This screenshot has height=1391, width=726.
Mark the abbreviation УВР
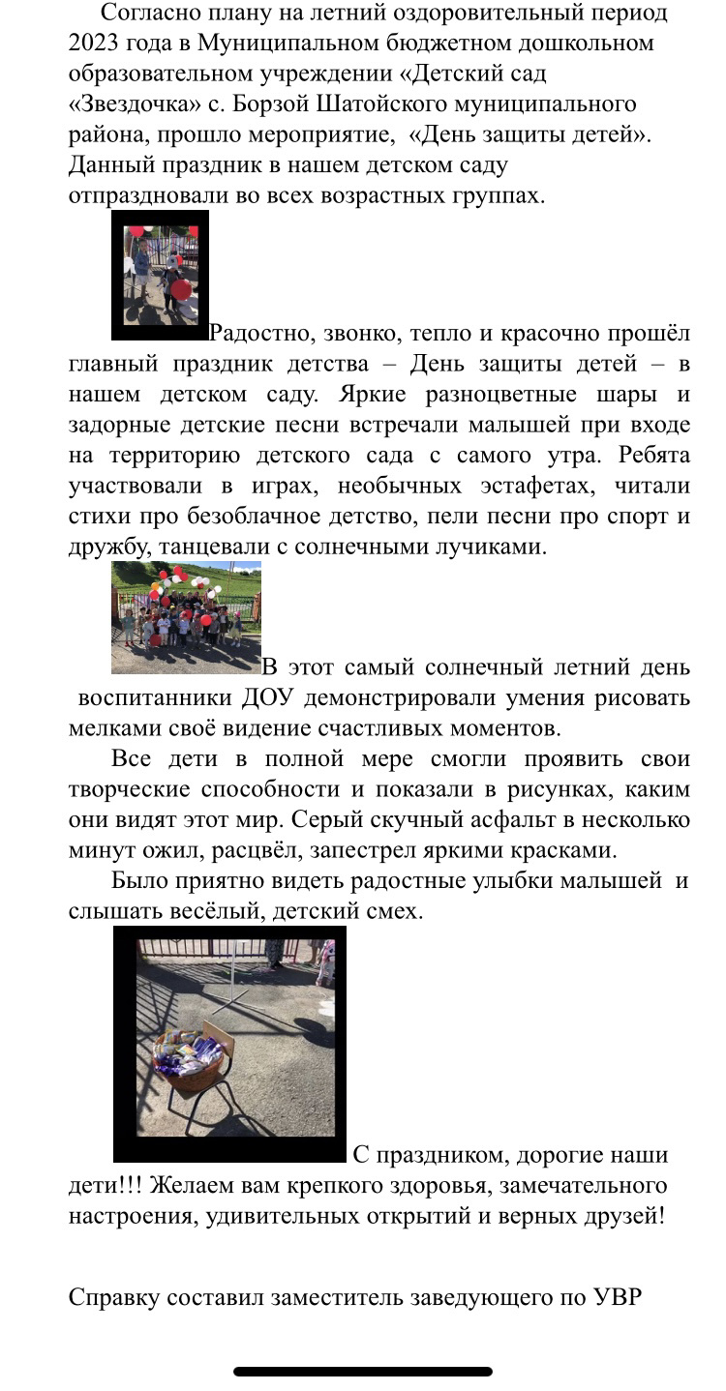[616, 1298]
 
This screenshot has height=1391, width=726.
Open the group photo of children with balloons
[186, 617]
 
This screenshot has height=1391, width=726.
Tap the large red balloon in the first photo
[181, 289]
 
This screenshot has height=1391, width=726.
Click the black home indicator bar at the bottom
[363, 1371]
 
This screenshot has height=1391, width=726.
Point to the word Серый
[331, 820]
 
